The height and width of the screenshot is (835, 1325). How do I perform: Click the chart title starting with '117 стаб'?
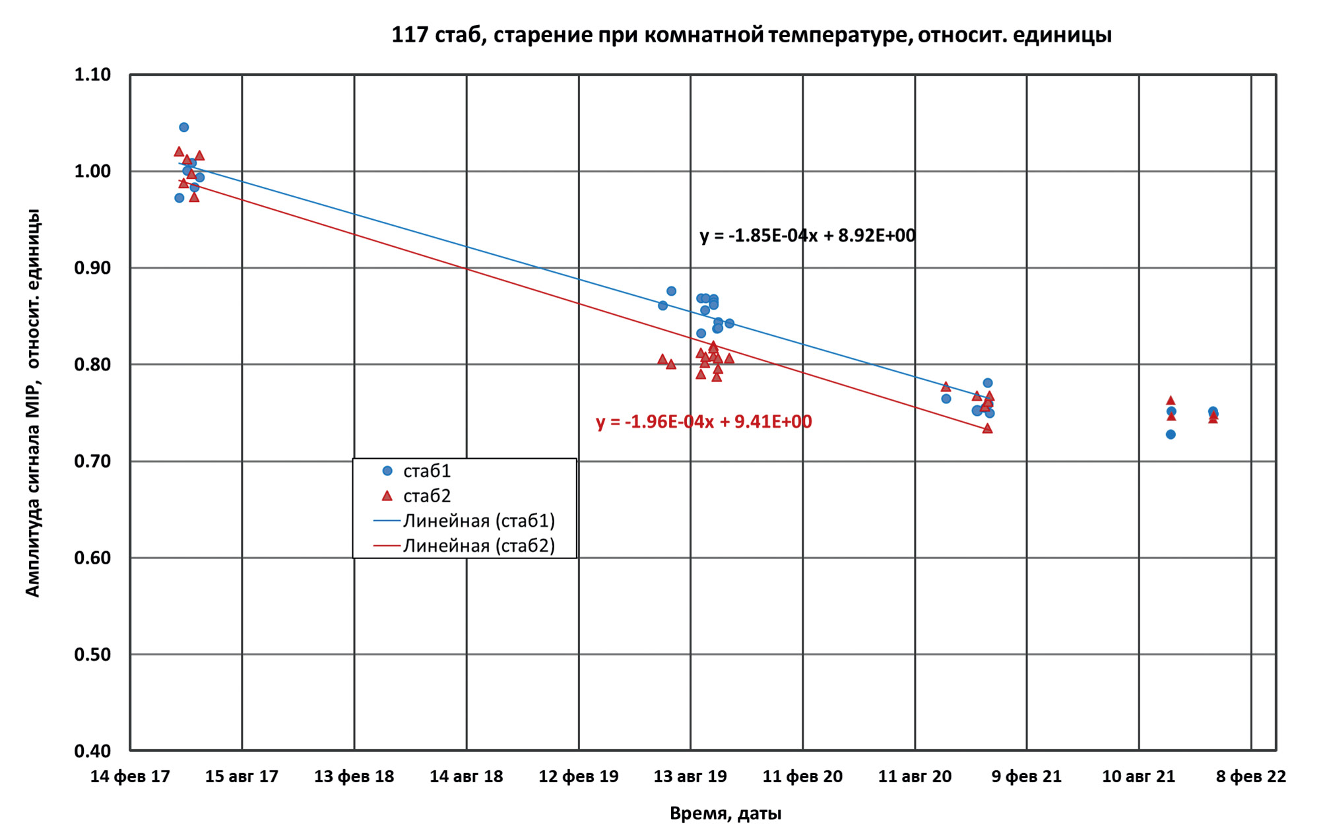click(751, 34)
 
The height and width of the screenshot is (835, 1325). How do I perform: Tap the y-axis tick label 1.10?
click(92, 75)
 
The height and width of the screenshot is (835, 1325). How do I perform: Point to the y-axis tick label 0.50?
click(92, 655)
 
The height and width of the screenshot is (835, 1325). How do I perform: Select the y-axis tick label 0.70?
click(92, 461)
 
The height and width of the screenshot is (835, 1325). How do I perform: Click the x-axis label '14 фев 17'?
click(130, 776)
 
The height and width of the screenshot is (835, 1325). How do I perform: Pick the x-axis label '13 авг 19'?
click(690, 776)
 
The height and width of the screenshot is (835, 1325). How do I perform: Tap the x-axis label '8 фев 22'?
click(1251, 776)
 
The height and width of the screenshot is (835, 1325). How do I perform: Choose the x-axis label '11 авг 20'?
click(915, 776)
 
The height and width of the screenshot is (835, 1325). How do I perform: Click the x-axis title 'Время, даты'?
click(725, 813)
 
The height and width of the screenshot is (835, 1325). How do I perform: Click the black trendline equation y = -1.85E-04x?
click(808, 236)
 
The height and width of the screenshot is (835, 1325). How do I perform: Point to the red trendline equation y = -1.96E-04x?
click(703, 422)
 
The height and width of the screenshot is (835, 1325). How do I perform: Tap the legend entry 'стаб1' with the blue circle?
click(426, 471)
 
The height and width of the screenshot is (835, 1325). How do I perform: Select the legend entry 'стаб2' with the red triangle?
click(426, 496)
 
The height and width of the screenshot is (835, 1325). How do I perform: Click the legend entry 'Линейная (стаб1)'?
click(478, 521)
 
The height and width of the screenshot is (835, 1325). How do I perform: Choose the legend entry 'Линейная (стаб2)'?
click(478, 546)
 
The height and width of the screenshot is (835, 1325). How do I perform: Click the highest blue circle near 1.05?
click(184, 127)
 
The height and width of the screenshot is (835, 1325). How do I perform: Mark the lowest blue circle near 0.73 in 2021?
click(1171, 434)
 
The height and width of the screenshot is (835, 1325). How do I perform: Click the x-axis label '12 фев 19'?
click(579, 776)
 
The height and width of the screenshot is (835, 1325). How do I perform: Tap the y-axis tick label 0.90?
click(92, 268)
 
